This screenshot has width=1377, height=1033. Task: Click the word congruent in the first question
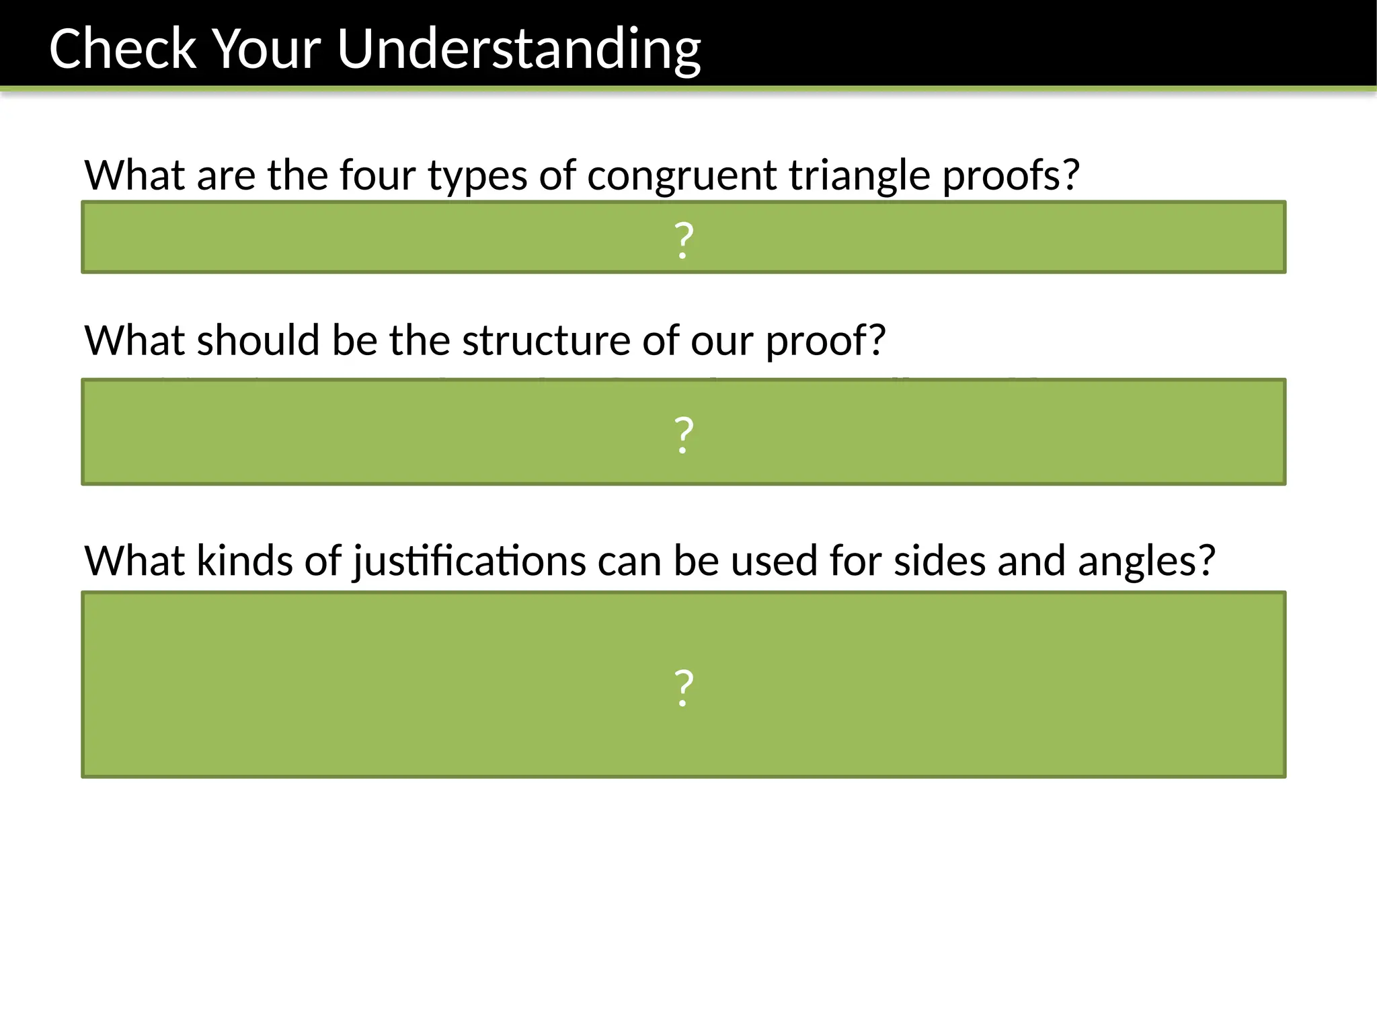pyautogui.click(x=681, y=176)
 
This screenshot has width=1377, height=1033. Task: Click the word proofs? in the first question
pyautogui.click(x=1010, y=176)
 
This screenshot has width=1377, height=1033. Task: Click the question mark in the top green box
pyautogui.click(x=684, y=239)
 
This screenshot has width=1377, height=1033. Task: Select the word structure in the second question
pyautogui.click(x=546, y=340)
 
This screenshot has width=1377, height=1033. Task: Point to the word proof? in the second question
pyautogui.click(x=825, y=342)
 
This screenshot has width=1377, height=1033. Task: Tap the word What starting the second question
pyautogui.click(x=134, y=340)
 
